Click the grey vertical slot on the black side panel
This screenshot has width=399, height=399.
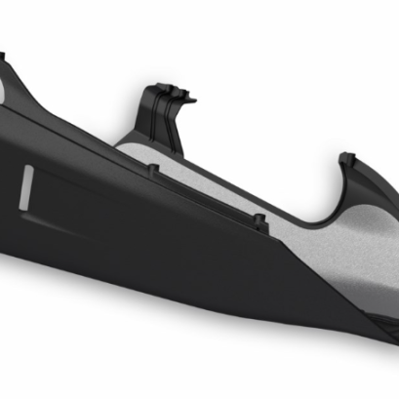tap(27, 189)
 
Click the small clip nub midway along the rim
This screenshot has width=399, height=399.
tap(260, 221)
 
